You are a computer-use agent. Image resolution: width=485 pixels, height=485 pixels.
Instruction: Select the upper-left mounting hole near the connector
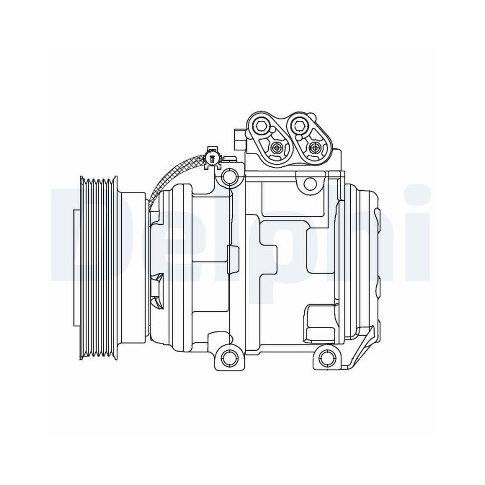coord(228,178)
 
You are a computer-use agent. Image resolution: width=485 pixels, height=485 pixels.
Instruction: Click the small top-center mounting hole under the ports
coord(308,183)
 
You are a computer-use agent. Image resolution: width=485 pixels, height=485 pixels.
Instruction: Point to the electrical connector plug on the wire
coord(212,158)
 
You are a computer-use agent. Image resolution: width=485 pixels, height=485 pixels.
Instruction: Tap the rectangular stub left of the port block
coord(238,139)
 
